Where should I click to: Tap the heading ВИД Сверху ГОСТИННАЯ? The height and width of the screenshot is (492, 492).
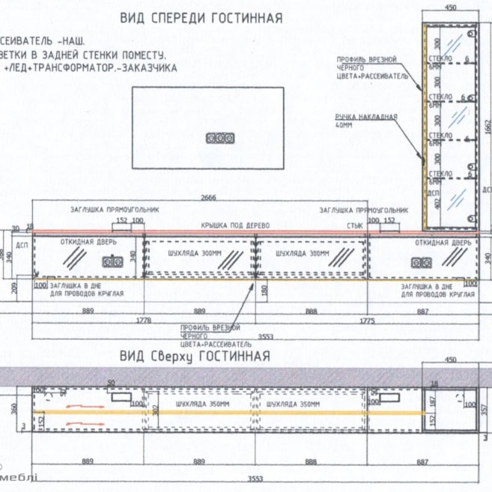pos(195,355)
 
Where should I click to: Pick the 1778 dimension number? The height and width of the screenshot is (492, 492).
pos(142,320)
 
